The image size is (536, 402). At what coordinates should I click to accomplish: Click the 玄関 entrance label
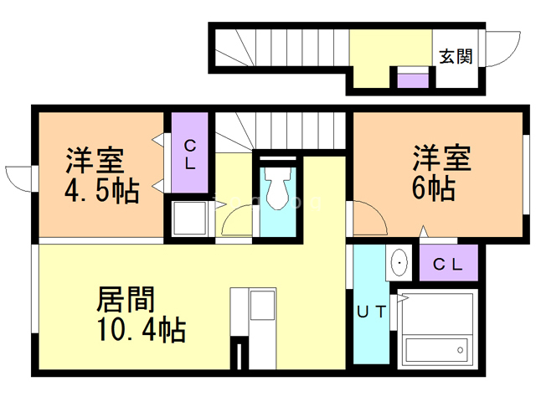point(456,56)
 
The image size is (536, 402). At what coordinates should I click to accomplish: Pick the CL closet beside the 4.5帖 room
point(190,154)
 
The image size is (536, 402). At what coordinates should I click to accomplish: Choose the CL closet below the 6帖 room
point(447,265)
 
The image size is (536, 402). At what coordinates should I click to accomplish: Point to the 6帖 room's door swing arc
point(369,219)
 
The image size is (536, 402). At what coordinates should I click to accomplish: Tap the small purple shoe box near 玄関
point(410,80)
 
